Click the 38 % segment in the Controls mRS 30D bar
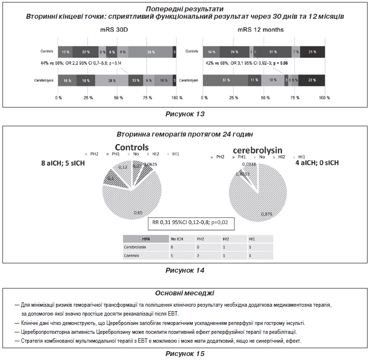(x=150, y=52)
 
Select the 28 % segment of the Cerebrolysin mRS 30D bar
(x=111, y=80)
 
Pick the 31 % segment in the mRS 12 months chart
(x=270, y=52)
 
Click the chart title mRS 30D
(x=114, y=30)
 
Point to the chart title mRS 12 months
(x=260, y=30)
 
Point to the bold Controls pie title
(x=132, y=148)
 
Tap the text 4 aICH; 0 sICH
(x=316, y=163)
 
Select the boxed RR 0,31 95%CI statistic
(x=190, y=223)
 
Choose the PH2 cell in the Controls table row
(x=200, y=255)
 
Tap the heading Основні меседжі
(x=185, y=293)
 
